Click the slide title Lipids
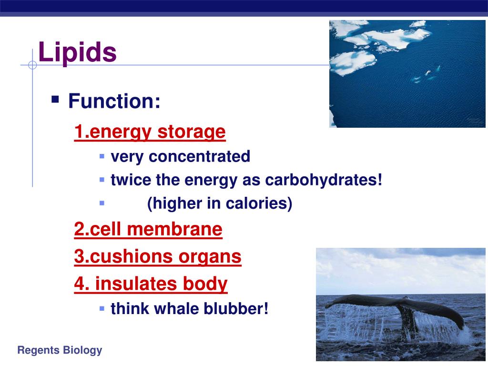(x=77, y=52)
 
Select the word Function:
(x=114, y=101)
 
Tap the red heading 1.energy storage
(x=150, y=132)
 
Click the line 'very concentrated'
(x=180, y=156)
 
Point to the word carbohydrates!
(x=324, y=180)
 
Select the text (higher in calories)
(x=220, y=203)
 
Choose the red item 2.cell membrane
(x=148, y=230)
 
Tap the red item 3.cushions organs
(x=158, y=257)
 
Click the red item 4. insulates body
(x=151, y=284)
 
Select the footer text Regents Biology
(x=60, y=351)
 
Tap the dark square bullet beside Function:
(x=56, y=100)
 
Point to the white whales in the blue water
(x=424, y=74)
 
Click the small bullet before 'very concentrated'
(x=102, y=156)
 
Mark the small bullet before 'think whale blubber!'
(x=102, y=308)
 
